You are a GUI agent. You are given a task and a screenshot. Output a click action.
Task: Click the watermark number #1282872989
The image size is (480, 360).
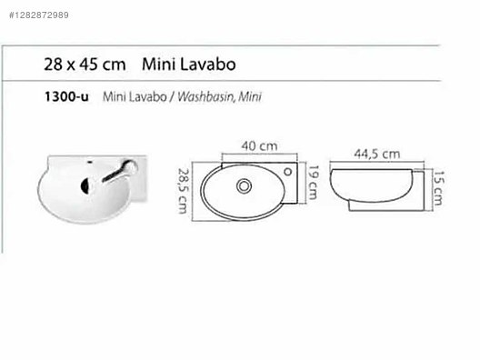pyautogui.click(x=43, y=15)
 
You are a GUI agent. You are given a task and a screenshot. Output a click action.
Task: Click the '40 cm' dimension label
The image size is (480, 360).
pyautogui.click(x=259, y=145)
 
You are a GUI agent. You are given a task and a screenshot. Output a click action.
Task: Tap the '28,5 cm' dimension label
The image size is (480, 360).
pyautogui.click(x=184, y=190)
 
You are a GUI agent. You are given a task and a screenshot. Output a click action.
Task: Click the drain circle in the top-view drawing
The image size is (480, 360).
pyautogui.click(x=245, y=185)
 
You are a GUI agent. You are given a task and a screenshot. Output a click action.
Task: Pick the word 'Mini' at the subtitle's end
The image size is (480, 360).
pyautogui.click(x=250, y=95)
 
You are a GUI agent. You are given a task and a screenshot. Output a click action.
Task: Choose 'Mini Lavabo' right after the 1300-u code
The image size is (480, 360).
pyautogui.click(x=131, y=95)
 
